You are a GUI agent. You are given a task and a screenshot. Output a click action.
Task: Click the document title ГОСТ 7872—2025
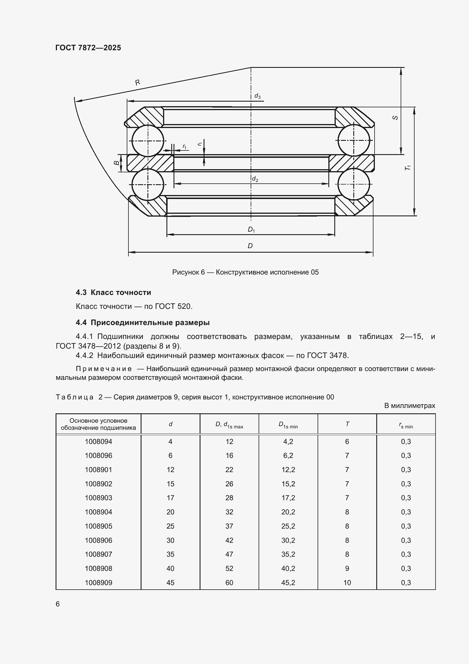click(88, 48)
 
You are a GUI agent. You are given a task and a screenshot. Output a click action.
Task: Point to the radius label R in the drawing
click(138, 82)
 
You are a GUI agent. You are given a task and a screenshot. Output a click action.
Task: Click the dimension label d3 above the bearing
click(257, 96)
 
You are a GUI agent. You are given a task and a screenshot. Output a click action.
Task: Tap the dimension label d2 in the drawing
click(255, 179)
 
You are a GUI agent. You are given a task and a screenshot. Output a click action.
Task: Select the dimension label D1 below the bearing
click(251, 230)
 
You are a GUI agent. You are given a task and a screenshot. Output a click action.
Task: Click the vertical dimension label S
click(396, 118)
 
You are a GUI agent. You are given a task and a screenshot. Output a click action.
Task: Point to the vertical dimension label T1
click(408, 167)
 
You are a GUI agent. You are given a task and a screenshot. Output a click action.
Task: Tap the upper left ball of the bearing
click(148, 141)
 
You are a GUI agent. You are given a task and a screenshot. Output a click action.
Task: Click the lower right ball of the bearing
click(354, 184)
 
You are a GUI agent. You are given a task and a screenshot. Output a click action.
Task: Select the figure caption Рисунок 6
click(245, 272)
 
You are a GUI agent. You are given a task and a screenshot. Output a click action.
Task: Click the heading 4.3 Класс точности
click(113, 292)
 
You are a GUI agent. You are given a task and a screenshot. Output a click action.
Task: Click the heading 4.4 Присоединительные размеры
click(143, 322)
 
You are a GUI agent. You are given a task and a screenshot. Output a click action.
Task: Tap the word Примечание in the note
click(104, 369)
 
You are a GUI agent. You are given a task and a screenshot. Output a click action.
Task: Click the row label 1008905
click(98, 526)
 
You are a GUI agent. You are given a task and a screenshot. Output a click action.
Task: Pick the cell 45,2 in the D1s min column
click(288, 583)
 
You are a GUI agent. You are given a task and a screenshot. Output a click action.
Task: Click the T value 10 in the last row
click(347, 583)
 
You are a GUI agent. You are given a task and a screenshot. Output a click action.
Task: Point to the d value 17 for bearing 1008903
click(170, 498)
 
